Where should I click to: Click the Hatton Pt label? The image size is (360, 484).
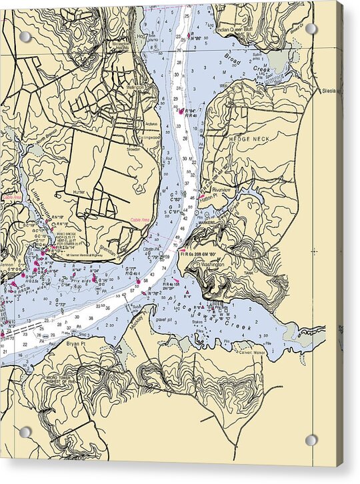(x=209, y=197)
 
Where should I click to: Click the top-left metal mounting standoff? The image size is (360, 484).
(x=24, y=36)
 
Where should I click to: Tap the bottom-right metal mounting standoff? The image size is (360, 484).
(x=311, y=440)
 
